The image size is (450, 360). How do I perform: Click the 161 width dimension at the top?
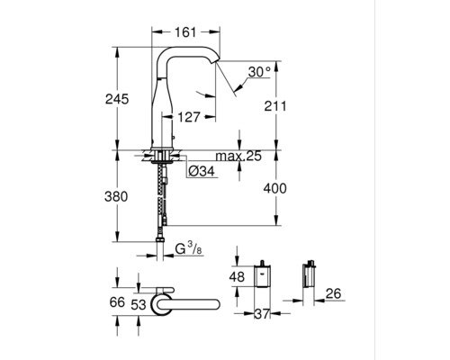186,32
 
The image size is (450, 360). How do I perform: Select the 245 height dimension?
117,99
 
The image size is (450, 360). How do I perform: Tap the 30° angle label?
259,72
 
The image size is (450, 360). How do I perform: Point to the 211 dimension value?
275,106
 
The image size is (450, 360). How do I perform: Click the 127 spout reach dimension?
189,117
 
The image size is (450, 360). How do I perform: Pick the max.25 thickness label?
238,156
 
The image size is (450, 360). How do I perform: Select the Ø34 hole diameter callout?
202,171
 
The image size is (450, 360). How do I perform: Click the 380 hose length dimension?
116,196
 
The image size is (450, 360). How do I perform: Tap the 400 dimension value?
275,188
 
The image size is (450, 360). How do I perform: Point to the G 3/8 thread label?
189,248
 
